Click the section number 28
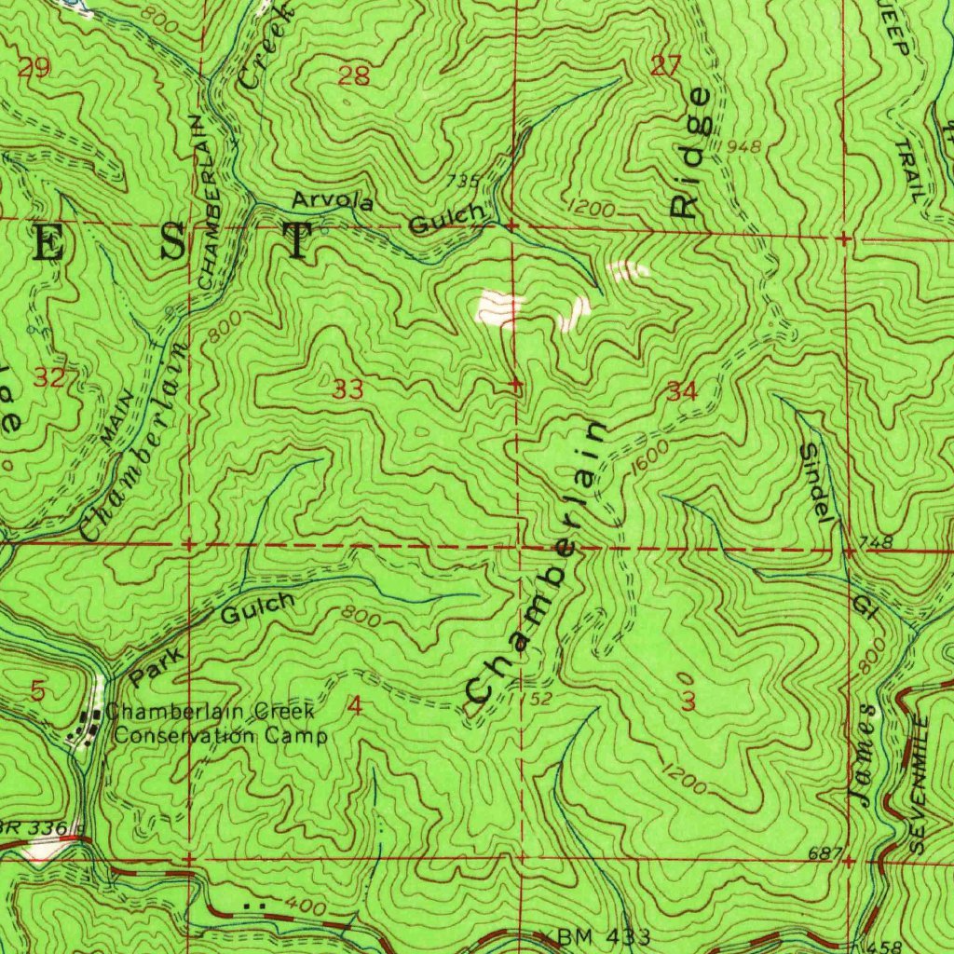(x=354, y=76)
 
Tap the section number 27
(x=666, y=65)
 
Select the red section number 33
(x=348, y=389)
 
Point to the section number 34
(x=682, y=392)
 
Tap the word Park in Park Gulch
(x=154, y=667)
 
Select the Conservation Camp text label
(x=220, y=736)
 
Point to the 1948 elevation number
(x=743, y=146)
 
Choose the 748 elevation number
(x=879, y=542)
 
